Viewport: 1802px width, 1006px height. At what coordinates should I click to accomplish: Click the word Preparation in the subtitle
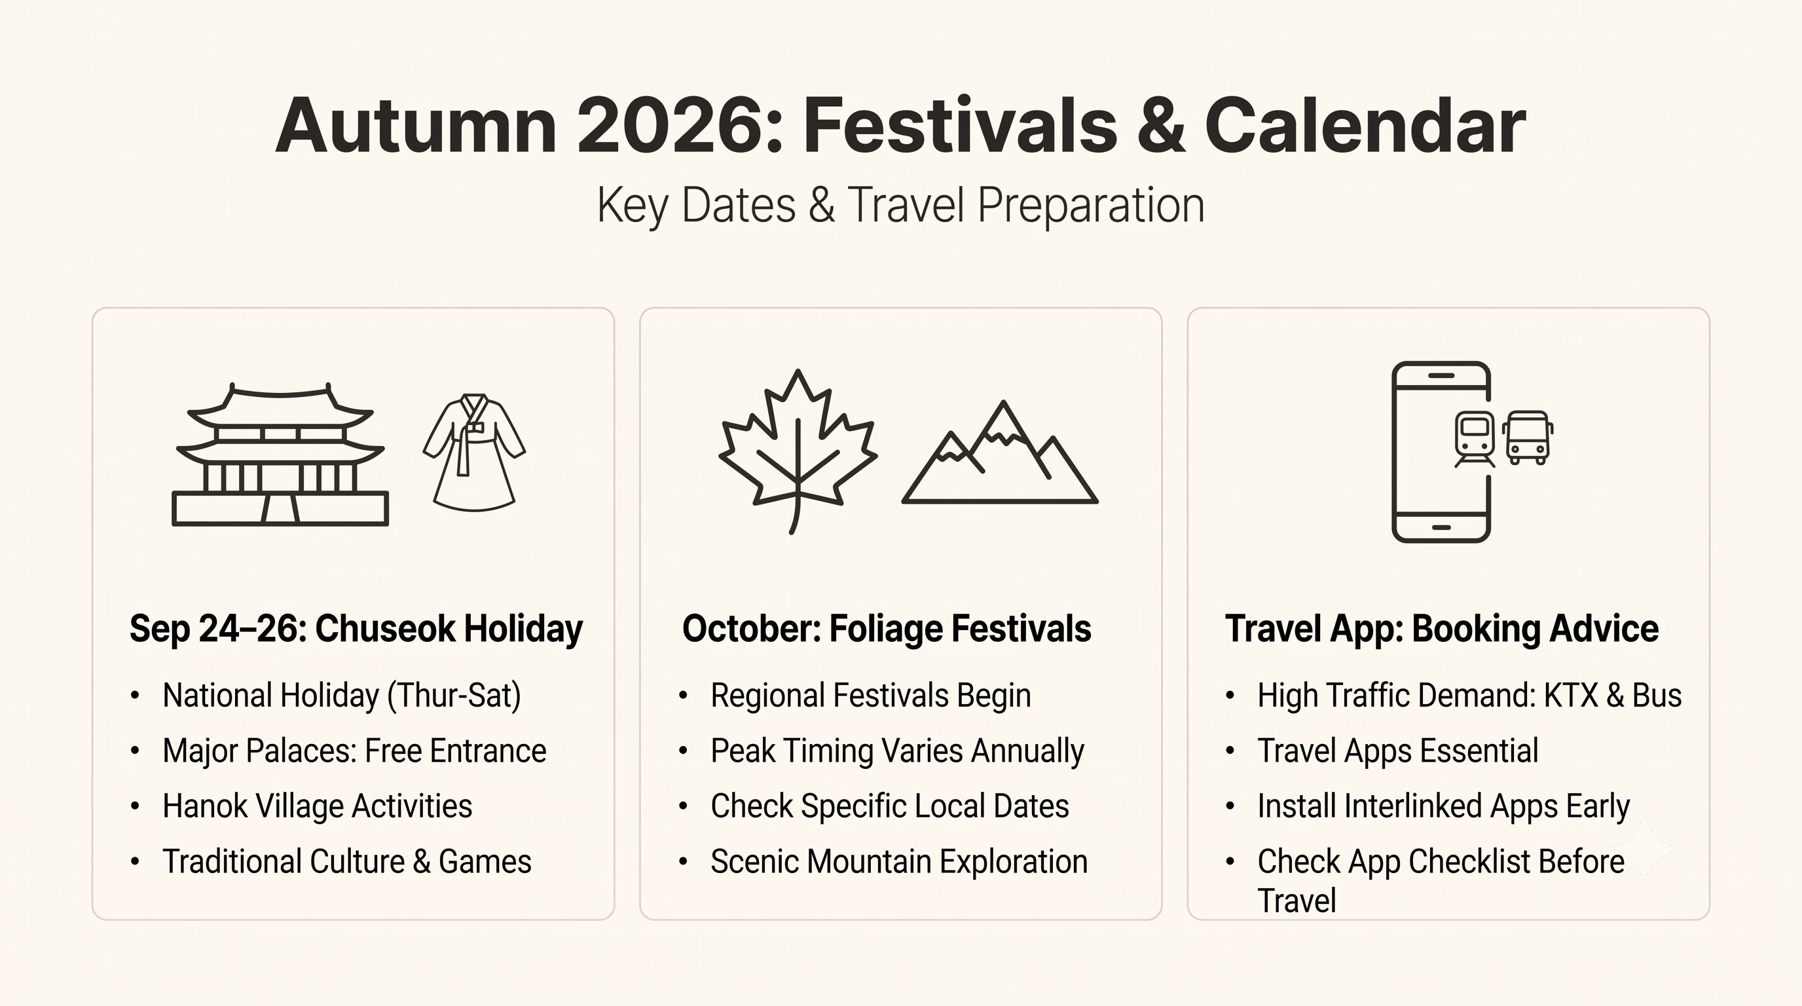coord(1091,206)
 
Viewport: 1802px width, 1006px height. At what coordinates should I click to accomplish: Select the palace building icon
coord(280,454)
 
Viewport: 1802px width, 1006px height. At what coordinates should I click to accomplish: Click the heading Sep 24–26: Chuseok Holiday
coord(356,629)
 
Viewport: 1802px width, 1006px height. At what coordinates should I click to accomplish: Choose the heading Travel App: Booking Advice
coord(1442,629)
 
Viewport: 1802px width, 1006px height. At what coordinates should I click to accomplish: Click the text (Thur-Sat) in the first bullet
coord(454,696)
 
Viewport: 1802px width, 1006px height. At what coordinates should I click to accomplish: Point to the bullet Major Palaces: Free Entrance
coord(355,751)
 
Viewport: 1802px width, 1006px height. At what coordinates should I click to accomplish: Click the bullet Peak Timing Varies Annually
coord(898,751)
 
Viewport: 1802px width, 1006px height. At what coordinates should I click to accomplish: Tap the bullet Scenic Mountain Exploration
coord(900,862)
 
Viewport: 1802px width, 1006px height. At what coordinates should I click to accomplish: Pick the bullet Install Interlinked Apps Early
coord(1444,807)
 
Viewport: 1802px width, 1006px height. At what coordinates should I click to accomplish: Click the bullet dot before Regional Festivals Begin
coord(684,696)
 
